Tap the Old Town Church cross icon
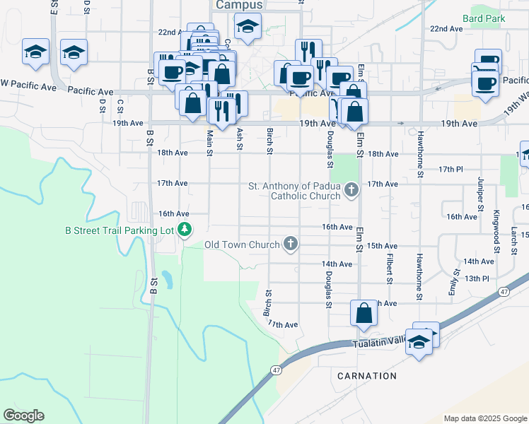(289, 245)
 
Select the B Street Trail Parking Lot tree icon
(185, 229)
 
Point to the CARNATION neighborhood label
(367, 375)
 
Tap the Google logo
(23, 416)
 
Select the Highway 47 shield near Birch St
(276, 370)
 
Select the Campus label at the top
(238, 5)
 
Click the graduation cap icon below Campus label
(248, 27)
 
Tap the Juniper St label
(479, 194)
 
